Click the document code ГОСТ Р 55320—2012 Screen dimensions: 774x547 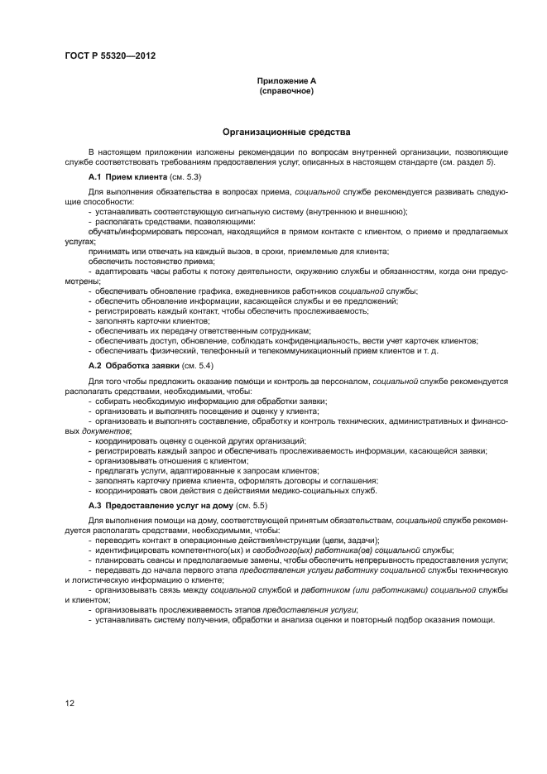pos(109,55)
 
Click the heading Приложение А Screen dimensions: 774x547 pos(286,80)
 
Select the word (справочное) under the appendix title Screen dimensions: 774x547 pos(286,90)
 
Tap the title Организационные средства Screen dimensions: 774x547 pos(286,131)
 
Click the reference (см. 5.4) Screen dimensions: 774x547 pos(199,365)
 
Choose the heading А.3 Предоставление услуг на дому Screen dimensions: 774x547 pos(160,505)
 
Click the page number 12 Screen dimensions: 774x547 pos(70,703)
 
